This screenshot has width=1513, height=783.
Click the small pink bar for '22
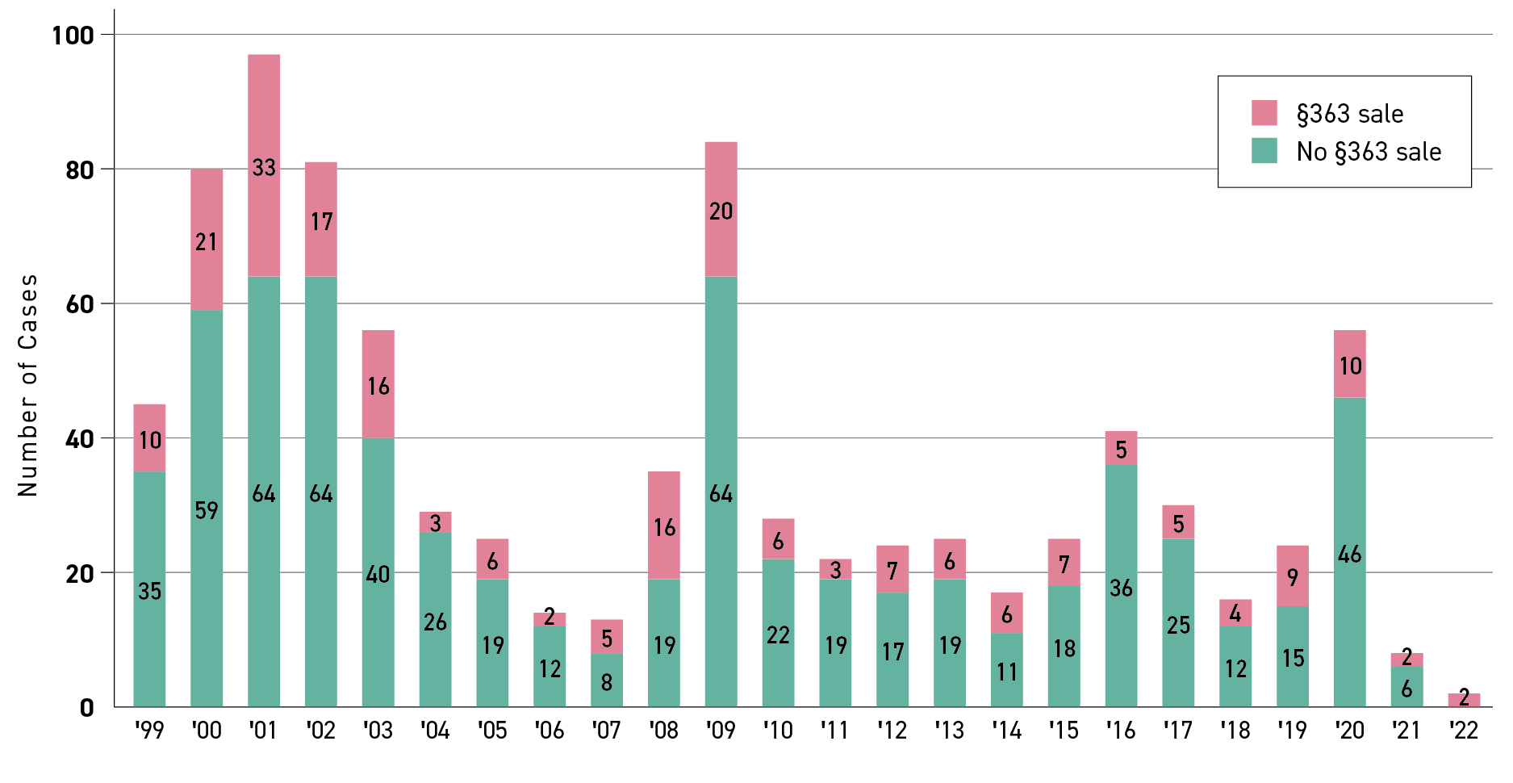pyautogui.click(x=1464, y=700)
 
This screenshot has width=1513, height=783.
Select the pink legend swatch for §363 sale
pyautogui.click(x=1264, y=113)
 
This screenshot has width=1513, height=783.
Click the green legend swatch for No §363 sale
pyautogui.click(x=1264, y=151)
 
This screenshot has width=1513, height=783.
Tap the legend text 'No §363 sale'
pyautogui.click(x=1369, y=152)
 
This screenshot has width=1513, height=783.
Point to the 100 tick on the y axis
pyautogui.click(x=73, y=36)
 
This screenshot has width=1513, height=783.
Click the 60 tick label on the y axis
pyautogui.click(x=80, y=304)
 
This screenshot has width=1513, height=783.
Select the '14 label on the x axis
pyautogui.click(x=1006, y=731)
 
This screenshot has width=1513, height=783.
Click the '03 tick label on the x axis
pyautogui.click(x=378, y=731)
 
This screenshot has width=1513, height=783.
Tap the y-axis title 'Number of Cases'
pyautogui.click(x=28, y=385)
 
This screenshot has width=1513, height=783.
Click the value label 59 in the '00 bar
pyautogui.click(x=207, y=510)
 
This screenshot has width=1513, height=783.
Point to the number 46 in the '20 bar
pyautogui.click(x=1350, y=555)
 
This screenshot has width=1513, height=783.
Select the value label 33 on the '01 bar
pyautogui.click(x=264, y=168)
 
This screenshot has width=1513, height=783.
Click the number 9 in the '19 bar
pyautogui.click(x=1293, y=577)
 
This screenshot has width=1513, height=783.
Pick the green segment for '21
pyautogui.click(x=1406, y=689)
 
